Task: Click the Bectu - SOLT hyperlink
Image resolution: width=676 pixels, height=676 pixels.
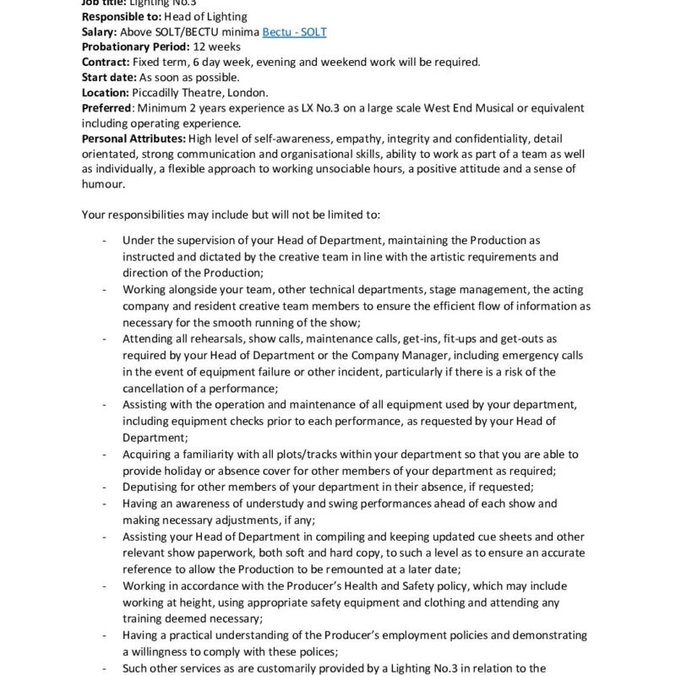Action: pyautogui.click(x=294, y=32)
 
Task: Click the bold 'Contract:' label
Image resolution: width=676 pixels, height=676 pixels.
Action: pyautogui.click(x=106, y=63)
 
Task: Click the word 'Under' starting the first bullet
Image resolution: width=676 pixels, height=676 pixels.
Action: pyautogui.click(x=139, y=242)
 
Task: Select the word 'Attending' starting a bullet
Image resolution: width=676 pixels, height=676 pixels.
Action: pyautogui.click(x=148, y=338)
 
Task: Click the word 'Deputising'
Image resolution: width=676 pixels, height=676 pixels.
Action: pyautogui.click(x=151, y=488)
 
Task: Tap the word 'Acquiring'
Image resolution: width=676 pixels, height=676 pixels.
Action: pyautogui.click(x=148, y=455)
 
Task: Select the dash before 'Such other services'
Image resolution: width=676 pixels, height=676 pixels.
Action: pyautogui.click(x=104, y=668)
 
